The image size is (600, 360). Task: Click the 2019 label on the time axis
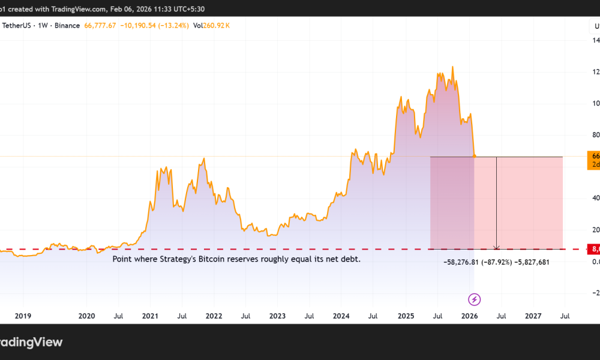(x=23, y=316)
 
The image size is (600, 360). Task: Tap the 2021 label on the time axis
(x=150, y=316)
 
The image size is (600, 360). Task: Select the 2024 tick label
(x=341, y=316)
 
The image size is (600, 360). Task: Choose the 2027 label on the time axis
(x=533, y=316)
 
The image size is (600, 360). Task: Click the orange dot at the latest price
(x=475, y=156)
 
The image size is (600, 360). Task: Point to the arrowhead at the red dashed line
(x=496, y=247)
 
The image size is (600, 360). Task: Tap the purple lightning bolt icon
(x=475, y=299)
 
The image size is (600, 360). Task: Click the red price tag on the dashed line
(x=594, y=249)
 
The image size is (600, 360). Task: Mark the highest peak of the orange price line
(x=452, y=67)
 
